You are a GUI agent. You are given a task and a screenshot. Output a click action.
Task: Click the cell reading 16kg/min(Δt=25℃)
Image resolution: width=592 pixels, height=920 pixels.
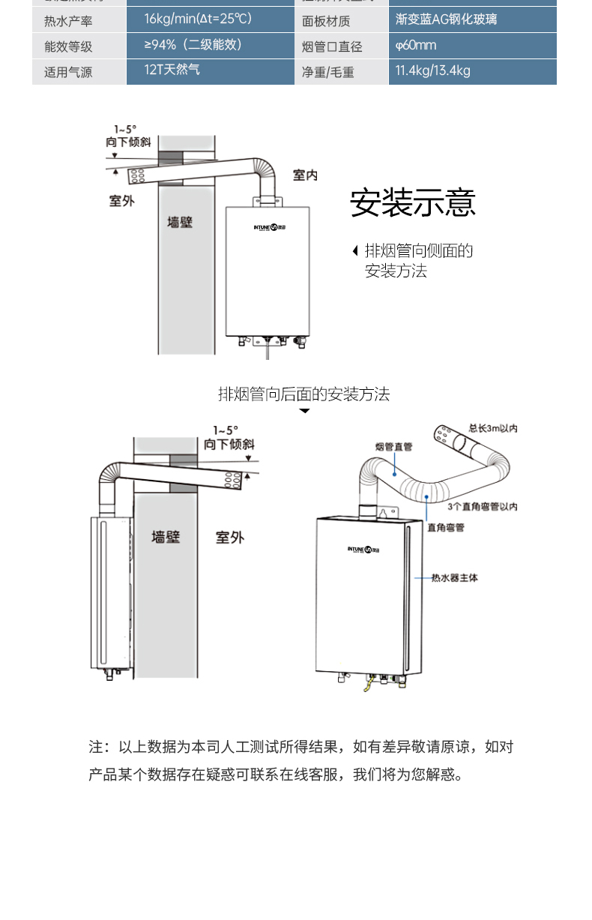(x=198, y=19)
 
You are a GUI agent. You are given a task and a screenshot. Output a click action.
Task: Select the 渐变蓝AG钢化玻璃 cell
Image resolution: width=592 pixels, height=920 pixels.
(x=446, y=19)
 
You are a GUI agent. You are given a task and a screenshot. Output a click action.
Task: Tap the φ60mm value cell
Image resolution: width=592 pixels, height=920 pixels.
(x=416, y=46)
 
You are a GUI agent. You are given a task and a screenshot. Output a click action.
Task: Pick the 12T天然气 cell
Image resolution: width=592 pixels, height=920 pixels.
(x=172, y=70)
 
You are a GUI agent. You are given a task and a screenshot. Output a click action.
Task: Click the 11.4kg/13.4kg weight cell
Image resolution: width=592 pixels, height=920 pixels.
(x=433, y=71)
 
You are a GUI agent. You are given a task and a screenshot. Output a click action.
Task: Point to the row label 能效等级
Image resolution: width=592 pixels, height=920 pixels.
(x=68, y=46)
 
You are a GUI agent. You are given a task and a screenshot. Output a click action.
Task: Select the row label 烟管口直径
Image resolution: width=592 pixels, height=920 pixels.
(x=332, y=47)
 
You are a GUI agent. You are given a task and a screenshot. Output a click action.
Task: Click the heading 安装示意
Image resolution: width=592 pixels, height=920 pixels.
(x=412, y=203)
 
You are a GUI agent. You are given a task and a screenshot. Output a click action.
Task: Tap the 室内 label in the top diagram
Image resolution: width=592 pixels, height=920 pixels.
(x=305, y=175)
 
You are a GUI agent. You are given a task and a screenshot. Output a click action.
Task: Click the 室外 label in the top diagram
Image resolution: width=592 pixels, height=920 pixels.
(x=121, y=201)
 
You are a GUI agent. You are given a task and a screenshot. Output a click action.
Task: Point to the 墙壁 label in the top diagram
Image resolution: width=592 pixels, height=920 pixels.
(x=180, y=223)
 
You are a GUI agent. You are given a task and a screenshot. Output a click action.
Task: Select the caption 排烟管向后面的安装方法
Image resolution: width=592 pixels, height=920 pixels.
(x=303, y=394)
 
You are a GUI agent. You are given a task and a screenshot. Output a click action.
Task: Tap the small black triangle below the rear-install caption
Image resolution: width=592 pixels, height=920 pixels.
(x=304, y=412)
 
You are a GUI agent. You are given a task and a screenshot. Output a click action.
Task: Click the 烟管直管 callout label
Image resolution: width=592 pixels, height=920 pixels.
(x=393, y=447)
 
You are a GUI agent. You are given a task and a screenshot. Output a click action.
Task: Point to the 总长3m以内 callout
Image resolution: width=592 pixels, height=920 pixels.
(x=493, y=429)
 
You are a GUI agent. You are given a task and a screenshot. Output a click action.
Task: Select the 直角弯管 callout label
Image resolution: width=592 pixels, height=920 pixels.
(x=446, y=528)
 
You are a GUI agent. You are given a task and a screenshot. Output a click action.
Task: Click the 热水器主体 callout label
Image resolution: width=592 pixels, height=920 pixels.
(x=455, y=578)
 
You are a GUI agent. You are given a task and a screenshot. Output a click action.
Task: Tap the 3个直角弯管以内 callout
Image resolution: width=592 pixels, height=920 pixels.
(x=483, y=507)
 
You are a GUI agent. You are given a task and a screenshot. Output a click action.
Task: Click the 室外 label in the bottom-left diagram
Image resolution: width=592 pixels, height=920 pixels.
(x=230, y=538)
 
